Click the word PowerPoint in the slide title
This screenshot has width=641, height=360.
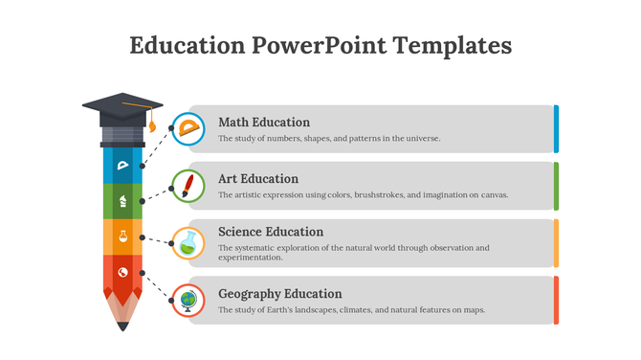[x=320, y=45]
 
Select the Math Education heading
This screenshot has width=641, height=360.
[x=264, y=123]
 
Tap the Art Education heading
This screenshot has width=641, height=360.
[x=258, y=179]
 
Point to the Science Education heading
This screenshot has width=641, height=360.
[x=271, y=232]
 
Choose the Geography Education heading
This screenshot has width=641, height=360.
[x=279, y=294]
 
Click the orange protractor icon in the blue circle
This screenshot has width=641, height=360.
[x=188, y=128]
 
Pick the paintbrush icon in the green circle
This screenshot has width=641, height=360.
[x=188, y=185]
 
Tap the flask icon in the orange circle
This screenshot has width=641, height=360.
[x=188, y=243]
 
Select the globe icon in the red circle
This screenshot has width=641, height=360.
[x=188, y=301]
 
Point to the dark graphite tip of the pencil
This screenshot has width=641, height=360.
[x=122, y=326]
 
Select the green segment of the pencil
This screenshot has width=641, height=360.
[x=122, y=201]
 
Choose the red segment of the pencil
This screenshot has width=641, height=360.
[x=122, y=273]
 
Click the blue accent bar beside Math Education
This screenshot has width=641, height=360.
[x=556, y=129]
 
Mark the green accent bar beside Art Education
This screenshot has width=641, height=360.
[x=556, y=186]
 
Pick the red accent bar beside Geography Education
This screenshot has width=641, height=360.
[x=556, y=301]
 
